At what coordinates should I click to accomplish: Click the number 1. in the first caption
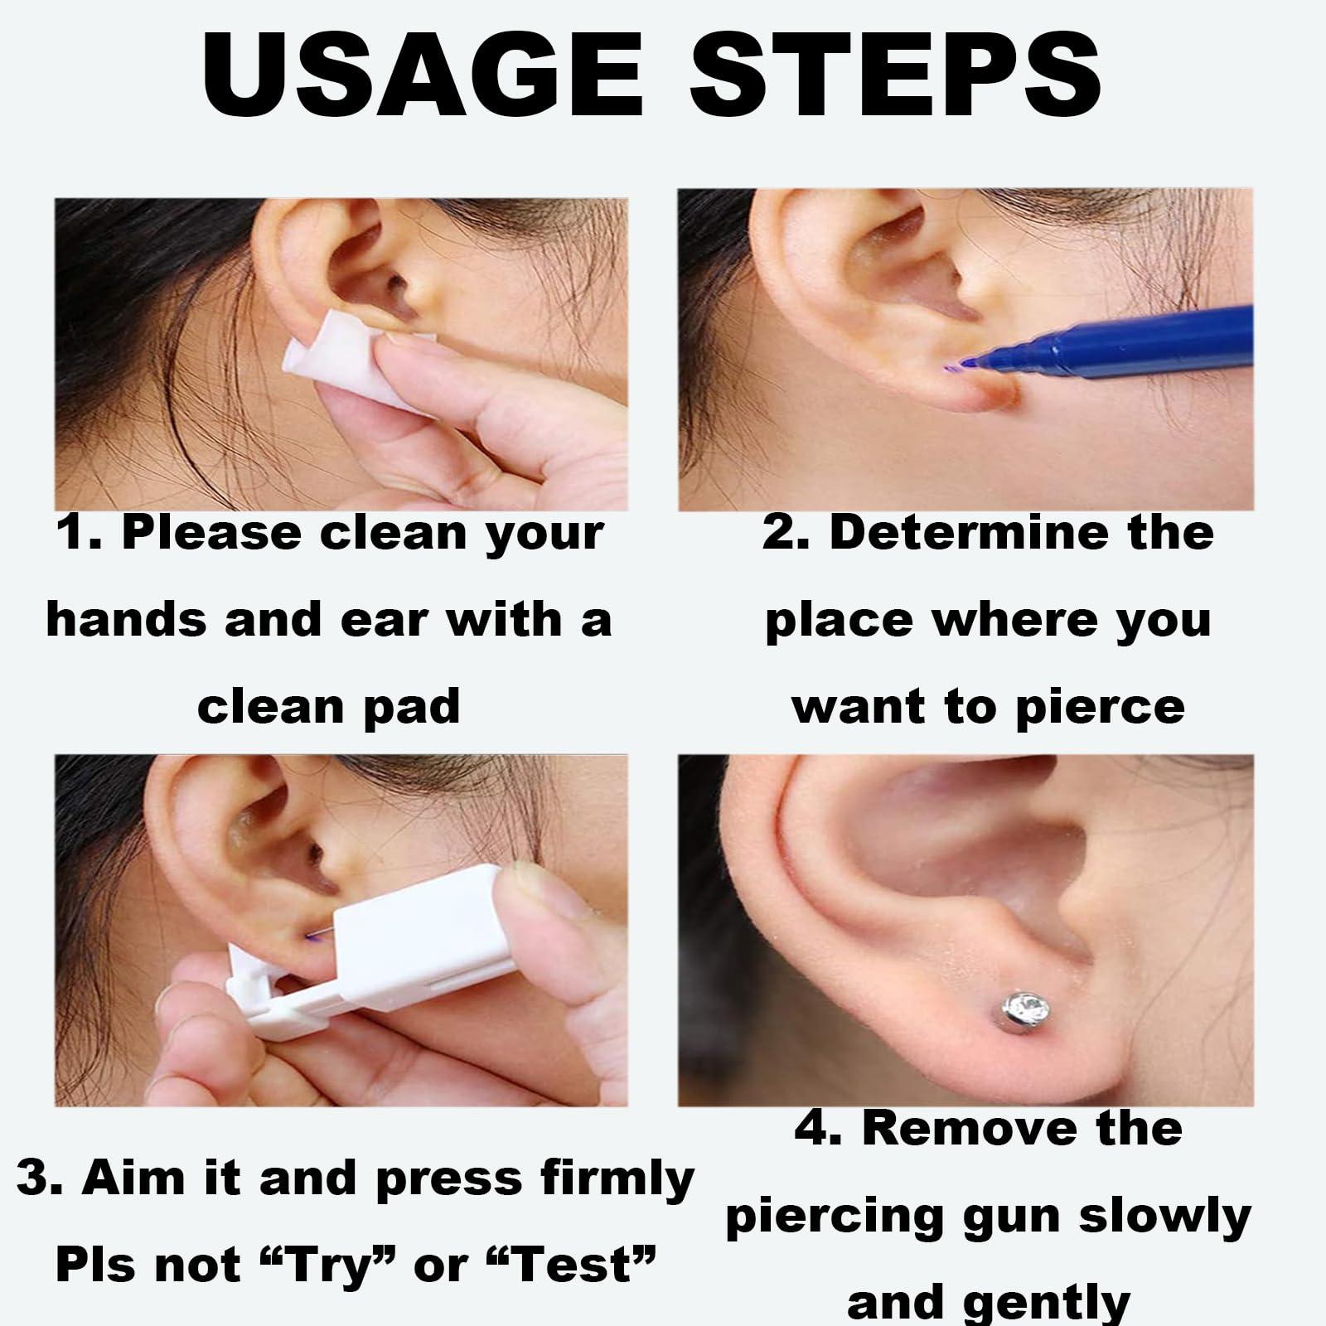pos(80,532)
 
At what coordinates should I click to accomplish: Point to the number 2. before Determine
pos(787,532)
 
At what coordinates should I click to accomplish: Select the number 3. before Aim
pos(41,1178)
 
